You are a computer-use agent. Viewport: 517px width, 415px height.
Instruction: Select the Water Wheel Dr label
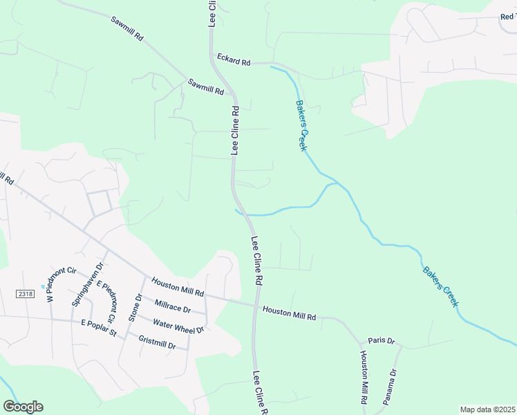tap(178, 326)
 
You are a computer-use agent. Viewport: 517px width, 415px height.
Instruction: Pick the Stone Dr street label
tap(134, 307)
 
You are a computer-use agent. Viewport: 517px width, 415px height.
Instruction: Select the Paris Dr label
tap(381, 341)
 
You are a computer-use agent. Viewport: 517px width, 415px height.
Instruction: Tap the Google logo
tap(23, 407)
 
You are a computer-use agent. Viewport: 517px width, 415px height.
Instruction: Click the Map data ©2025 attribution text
tap(487, 409)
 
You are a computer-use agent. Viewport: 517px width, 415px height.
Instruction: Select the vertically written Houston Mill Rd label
tap(364, 378)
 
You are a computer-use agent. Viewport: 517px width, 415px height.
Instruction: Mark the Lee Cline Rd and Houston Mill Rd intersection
tap(256, 305)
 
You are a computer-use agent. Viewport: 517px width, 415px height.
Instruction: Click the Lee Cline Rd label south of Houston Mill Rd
tap(260, 393)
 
